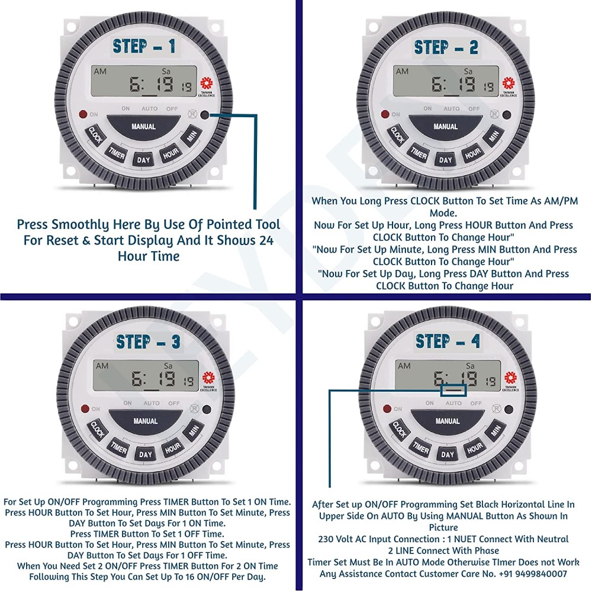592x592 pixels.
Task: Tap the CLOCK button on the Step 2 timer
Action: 397,136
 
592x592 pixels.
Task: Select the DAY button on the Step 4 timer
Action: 448,454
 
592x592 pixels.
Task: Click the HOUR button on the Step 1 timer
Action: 170,153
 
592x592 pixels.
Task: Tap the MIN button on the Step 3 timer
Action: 192,430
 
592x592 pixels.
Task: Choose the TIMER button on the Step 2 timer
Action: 419,155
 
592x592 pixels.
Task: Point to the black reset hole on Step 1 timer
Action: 205,116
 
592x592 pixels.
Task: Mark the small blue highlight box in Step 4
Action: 453,390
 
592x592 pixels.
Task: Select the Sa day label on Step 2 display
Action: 468,72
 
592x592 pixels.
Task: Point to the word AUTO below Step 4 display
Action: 453,403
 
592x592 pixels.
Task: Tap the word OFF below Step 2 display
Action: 474,109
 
